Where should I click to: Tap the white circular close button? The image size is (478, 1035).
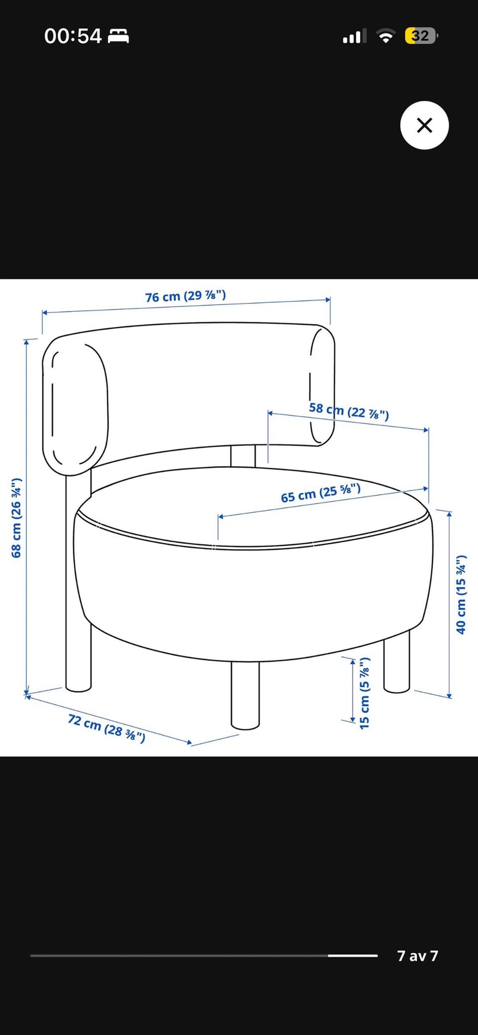[424, 125]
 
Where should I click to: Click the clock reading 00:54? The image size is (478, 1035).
[73, 36]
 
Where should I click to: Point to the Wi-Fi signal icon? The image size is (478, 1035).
[385, 36]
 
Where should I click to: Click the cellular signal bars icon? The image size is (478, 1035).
[355, 36]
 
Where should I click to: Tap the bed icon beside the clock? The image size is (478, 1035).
[119, 36]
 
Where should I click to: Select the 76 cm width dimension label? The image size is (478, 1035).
[185, 296]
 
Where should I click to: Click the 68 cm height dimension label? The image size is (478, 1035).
[16, 518]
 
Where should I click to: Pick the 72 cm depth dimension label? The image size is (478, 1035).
[107, 728]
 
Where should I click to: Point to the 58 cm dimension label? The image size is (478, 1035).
[349, 411]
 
